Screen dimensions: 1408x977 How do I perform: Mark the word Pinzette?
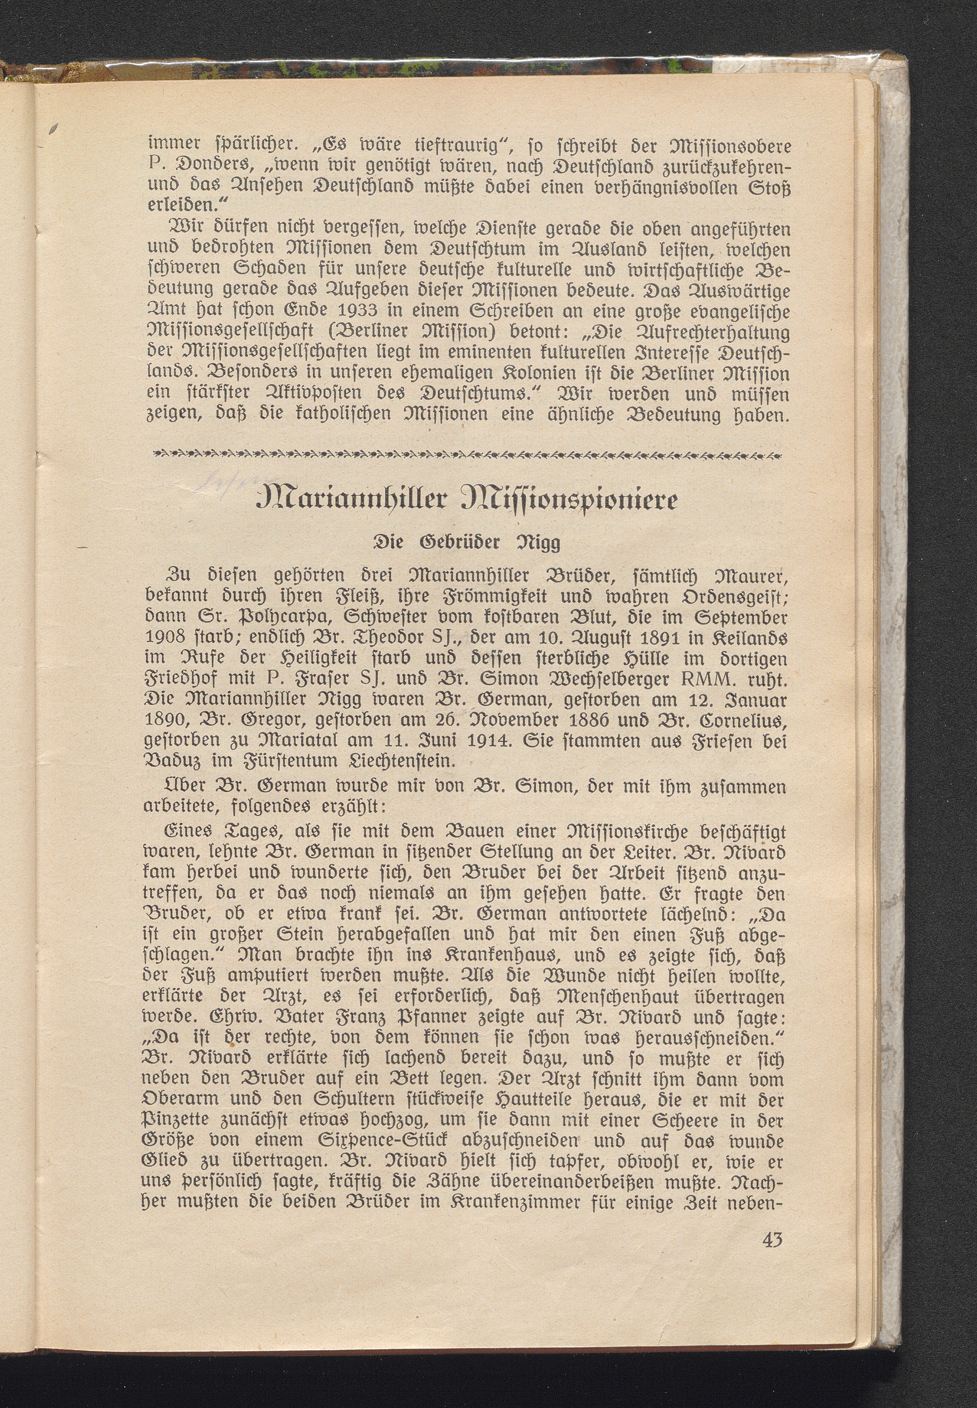tap(178, 1121)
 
